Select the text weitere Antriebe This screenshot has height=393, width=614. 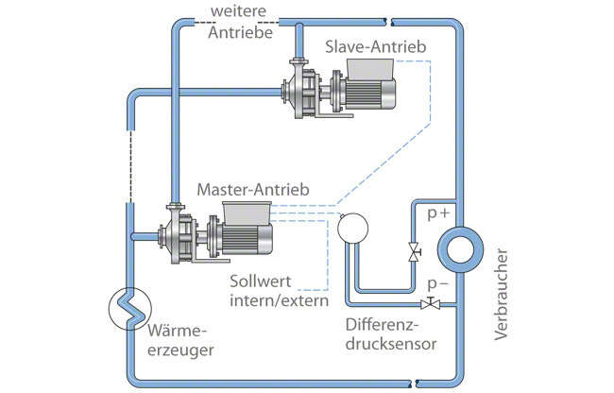pyautogui.click(x=239, y=22)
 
